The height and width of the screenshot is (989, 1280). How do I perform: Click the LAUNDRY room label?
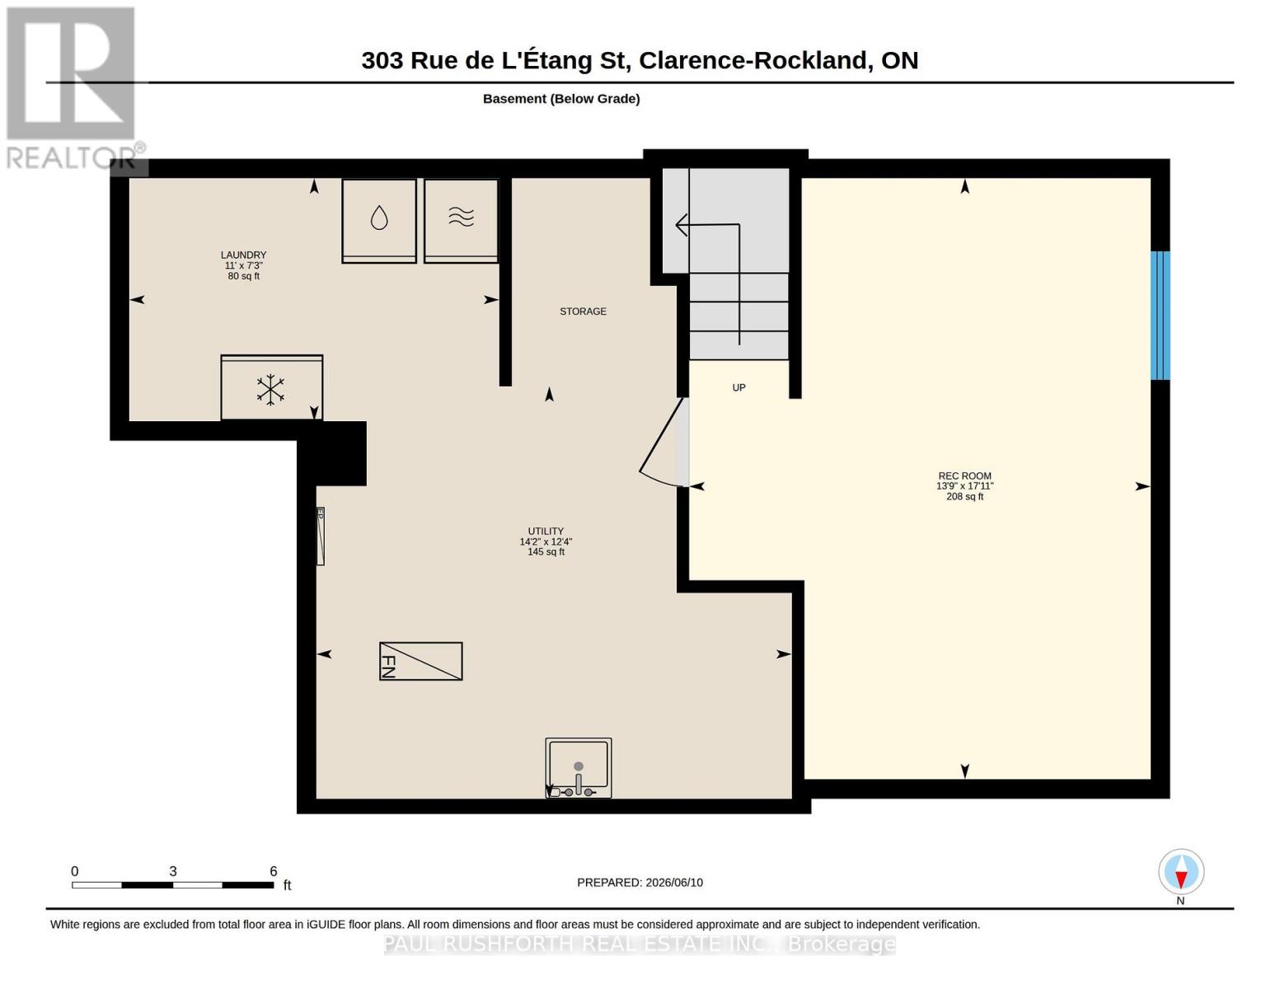point(243,255)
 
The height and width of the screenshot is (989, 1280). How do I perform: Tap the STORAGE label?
point(583,311)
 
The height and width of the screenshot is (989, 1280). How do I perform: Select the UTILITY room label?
point(546,531)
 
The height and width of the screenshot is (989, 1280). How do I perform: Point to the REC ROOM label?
point(964,476)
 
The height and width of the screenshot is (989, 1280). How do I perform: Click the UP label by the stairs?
point(738,387)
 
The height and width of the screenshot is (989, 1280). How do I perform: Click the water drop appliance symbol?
point(379,218)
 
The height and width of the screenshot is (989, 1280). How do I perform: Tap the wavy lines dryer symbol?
point(462,217)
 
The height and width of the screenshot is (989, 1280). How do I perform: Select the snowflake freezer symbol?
point(270,389)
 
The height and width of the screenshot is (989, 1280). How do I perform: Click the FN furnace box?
point(420,661)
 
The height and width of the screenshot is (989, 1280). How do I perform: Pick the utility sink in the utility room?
point(578,767)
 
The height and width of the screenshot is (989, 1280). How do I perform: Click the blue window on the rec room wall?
point(1160,315)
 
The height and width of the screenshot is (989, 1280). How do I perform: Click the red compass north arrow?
point(1180,880)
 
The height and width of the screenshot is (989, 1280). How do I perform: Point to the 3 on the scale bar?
point(172,871)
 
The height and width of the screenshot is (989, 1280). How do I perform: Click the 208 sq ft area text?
point(964,497)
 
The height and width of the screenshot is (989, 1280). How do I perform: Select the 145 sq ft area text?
point(546,552)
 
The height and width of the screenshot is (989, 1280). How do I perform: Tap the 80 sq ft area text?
point(243,276)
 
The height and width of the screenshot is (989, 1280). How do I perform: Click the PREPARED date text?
point(640,883)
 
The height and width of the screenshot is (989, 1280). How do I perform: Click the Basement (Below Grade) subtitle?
point(561,99)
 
